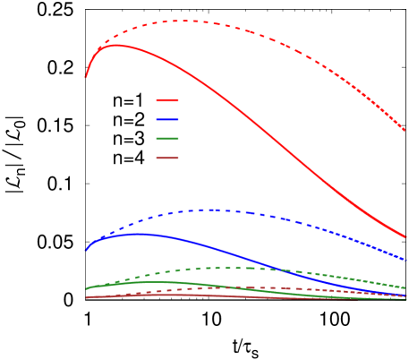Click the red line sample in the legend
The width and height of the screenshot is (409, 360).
tap(167, 100)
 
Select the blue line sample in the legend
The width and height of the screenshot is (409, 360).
tap(167, 120)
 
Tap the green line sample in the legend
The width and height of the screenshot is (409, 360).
tap(167, 139)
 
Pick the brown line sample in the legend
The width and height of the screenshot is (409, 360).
tap(167, 159)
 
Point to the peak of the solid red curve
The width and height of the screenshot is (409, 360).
tap(115, 45)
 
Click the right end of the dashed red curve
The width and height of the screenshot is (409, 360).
tap(405, 131)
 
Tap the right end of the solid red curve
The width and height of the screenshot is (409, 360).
tap(406, 237)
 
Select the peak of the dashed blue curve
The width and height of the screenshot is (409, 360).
tap(213, 210)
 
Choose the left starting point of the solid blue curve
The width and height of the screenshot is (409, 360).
tap(86, 250)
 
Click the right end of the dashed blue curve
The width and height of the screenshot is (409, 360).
tap(406, 260)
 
